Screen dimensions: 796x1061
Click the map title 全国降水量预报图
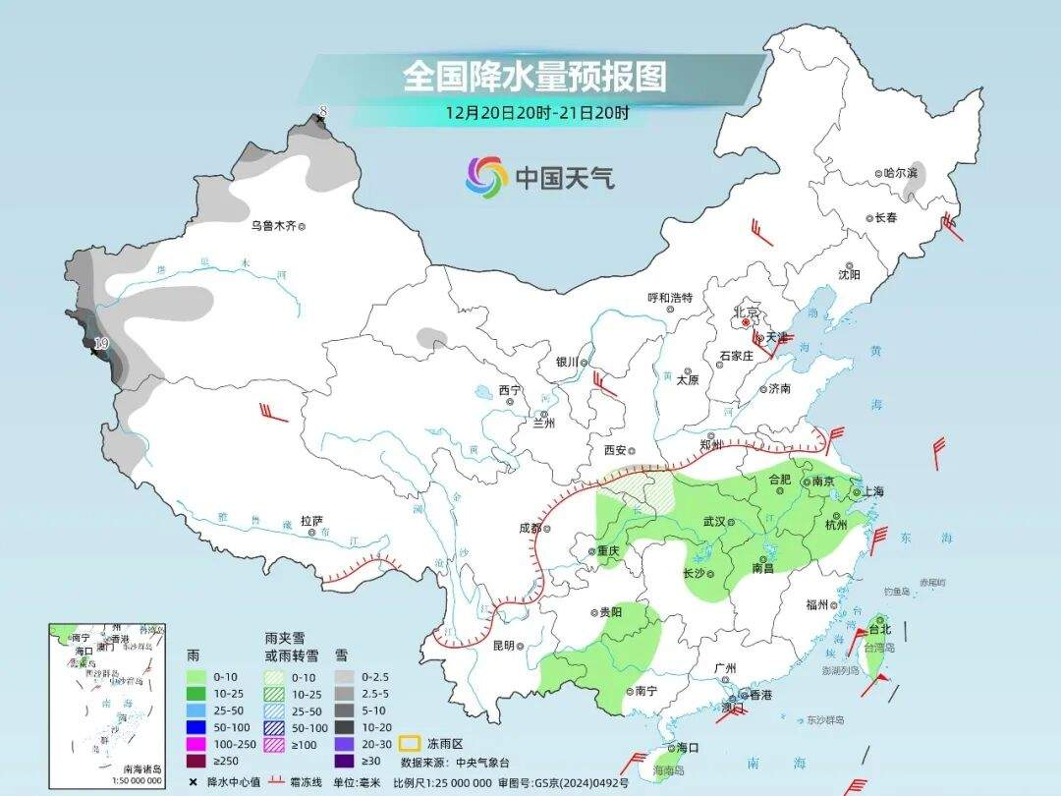(533, 77)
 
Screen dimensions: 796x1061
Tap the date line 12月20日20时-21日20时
(536, 112)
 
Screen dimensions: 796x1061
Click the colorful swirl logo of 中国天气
(485, 177)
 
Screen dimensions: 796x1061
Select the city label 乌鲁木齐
(272, 226)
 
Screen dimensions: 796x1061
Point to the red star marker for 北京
(746, 321)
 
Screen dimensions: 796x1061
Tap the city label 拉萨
(311, 521)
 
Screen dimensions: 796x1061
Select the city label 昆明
(503, 646)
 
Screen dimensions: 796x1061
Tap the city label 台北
(880, 629)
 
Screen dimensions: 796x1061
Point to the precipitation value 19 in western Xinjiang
(100, 343)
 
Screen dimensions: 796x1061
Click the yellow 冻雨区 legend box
(410, 743)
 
